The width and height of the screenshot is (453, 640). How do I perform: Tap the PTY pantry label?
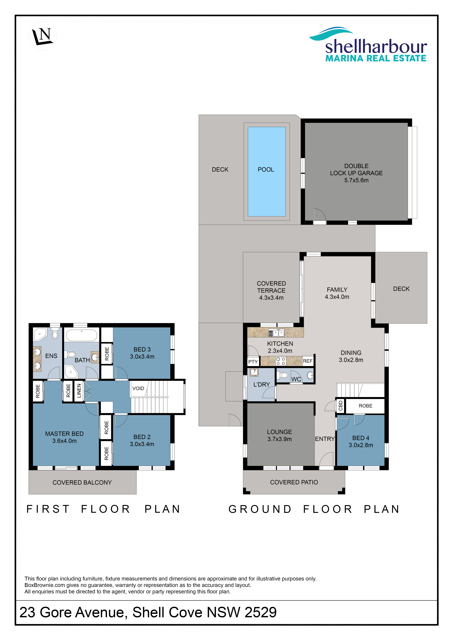(x=253, y=362)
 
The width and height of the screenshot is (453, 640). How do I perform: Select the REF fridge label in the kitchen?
(x=308, y=361)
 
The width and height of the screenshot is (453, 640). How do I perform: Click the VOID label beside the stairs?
(x=138, y=388)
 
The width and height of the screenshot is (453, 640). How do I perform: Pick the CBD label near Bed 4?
(x=340, y=406)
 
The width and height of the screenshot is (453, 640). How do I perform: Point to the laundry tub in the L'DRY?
(x=254, y=372)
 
